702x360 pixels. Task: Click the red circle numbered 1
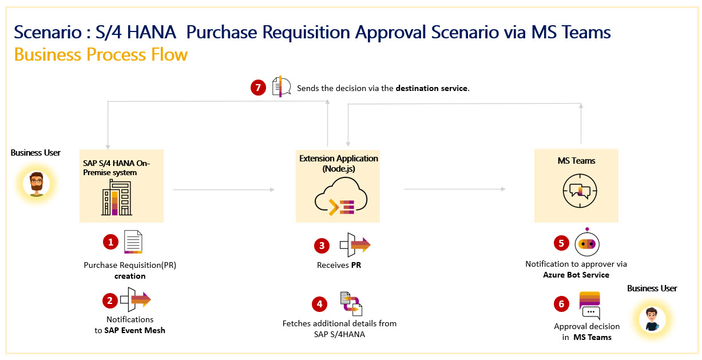coord(110,242)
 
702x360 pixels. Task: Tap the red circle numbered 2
coord(110,300)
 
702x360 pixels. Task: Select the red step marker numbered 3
coord(322,246)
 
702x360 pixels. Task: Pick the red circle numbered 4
coord(320,303)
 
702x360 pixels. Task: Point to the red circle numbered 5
coord(561,243)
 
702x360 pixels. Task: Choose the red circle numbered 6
coord(561,304)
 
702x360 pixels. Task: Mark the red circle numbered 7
coord(259,88)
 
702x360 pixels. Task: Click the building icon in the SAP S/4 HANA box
coord(117,197)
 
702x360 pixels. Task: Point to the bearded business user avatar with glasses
coord(36,184)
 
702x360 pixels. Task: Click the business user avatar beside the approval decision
coord(652,319)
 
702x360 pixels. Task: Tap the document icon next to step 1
coord(133,242)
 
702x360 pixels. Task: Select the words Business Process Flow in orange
coord(101,55)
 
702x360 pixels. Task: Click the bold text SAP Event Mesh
coord(134,330)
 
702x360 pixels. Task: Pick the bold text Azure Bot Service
coord(576,275)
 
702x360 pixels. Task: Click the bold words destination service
coord(431,89)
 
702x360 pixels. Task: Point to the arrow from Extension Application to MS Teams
coord(455,189)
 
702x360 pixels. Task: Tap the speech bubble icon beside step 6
coord(590,305)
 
